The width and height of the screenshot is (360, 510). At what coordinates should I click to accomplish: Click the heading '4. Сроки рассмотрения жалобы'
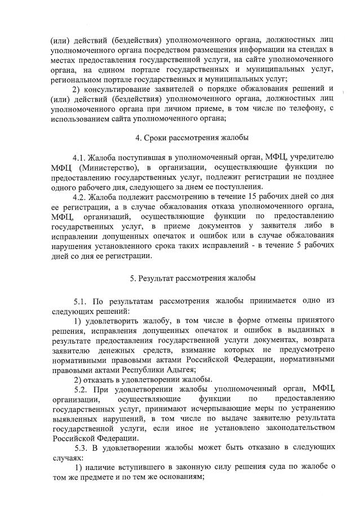click(x=192, y=138)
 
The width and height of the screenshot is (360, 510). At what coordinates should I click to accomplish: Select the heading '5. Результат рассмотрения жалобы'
click(x=192, y=277)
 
